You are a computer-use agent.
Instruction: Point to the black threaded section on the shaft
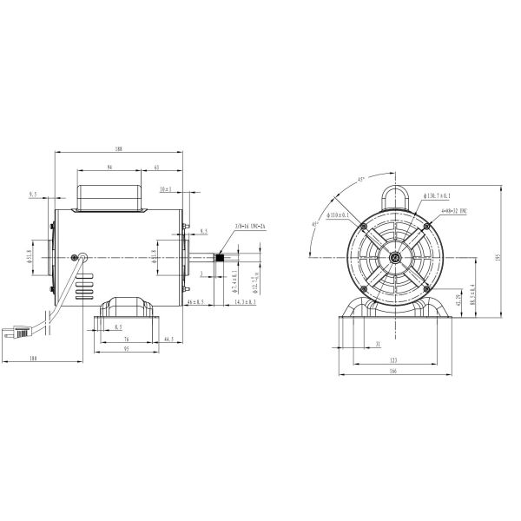pyautogui.click(x=221, y=257)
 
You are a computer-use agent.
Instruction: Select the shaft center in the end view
pyautogui.click(x=396, y=257)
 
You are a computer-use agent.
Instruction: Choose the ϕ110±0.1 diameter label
pyautogui.click(x=337, y=214)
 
